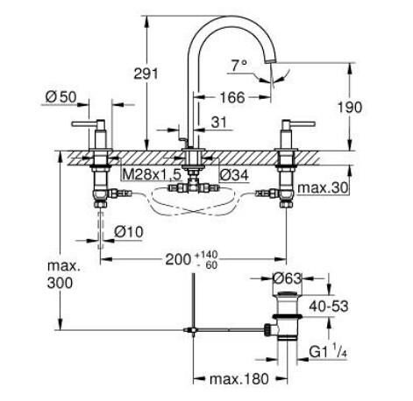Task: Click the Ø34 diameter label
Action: pos(234,175)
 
